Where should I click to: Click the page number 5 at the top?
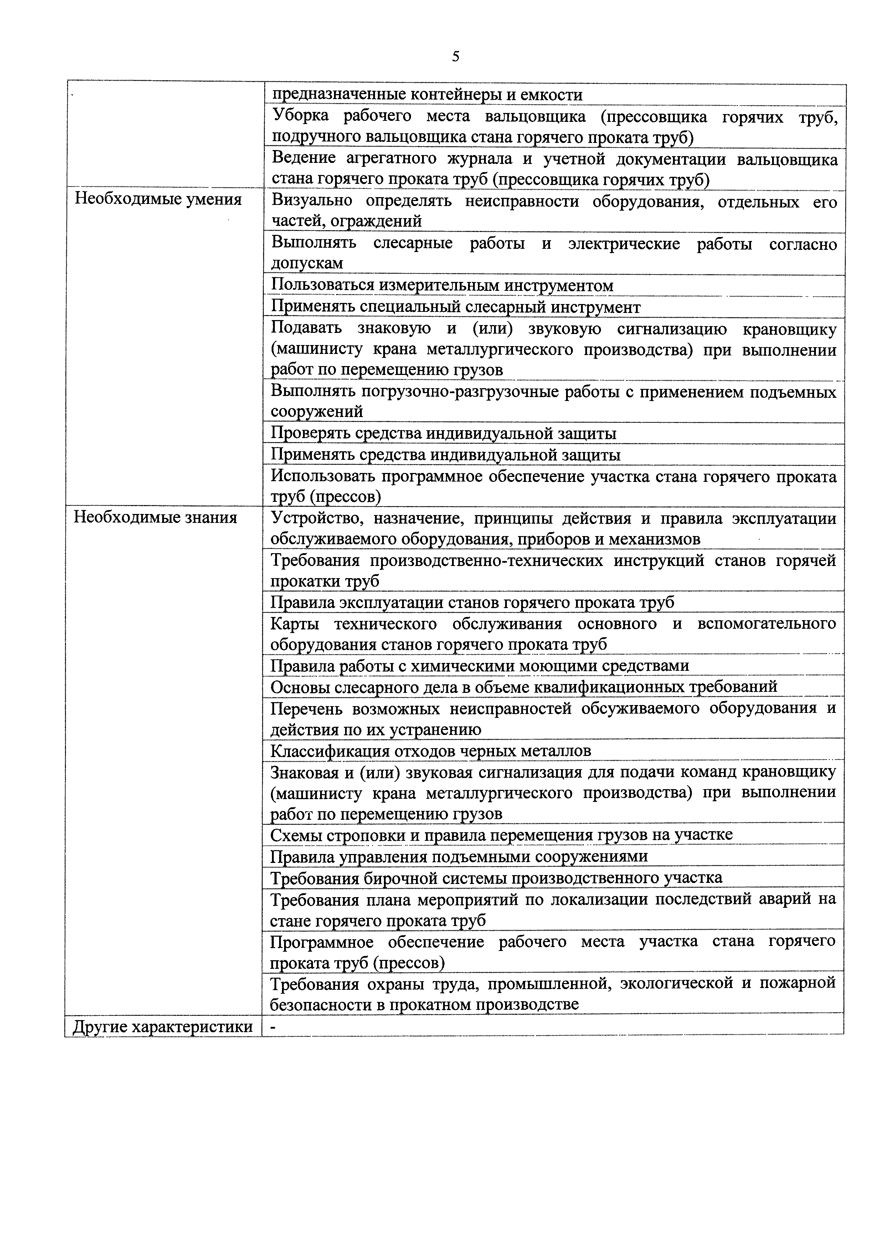[x=456, y=57]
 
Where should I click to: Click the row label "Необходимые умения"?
[x=158, y=199]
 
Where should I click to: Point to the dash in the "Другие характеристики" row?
[x=274, y=1026]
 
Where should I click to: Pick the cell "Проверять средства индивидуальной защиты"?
[x=444, y=433]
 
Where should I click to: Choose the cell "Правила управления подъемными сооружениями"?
[x=459, y=857]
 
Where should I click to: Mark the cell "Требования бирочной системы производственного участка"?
[x=497, y=878]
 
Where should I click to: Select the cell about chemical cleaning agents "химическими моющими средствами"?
[x=479, y=666]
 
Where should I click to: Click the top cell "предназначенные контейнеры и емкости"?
[x=427, y=95]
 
